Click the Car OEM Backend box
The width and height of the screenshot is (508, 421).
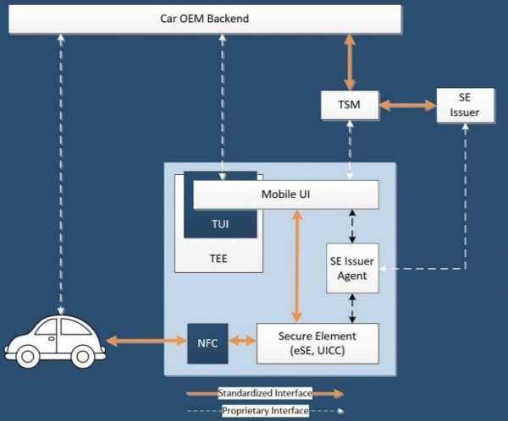coord(204,19)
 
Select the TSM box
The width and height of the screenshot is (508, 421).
coord(349,106)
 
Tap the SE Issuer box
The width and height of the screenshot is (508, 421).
coord(465,106)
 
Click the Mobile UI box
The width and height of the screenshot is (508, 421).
coord(284,196)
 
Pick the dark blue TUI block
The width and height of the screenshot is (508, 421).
coord(220,224)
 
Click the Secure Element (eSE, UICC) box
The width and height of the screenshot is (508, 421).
coord(317,342)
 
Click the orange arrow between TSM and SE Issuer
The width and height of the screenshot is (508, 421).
coord(406,106)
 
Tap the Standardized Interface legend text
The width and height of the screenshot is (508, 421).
coord(265,393)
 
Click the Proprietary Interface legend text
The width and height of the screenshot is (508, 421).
coord(265,411)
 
